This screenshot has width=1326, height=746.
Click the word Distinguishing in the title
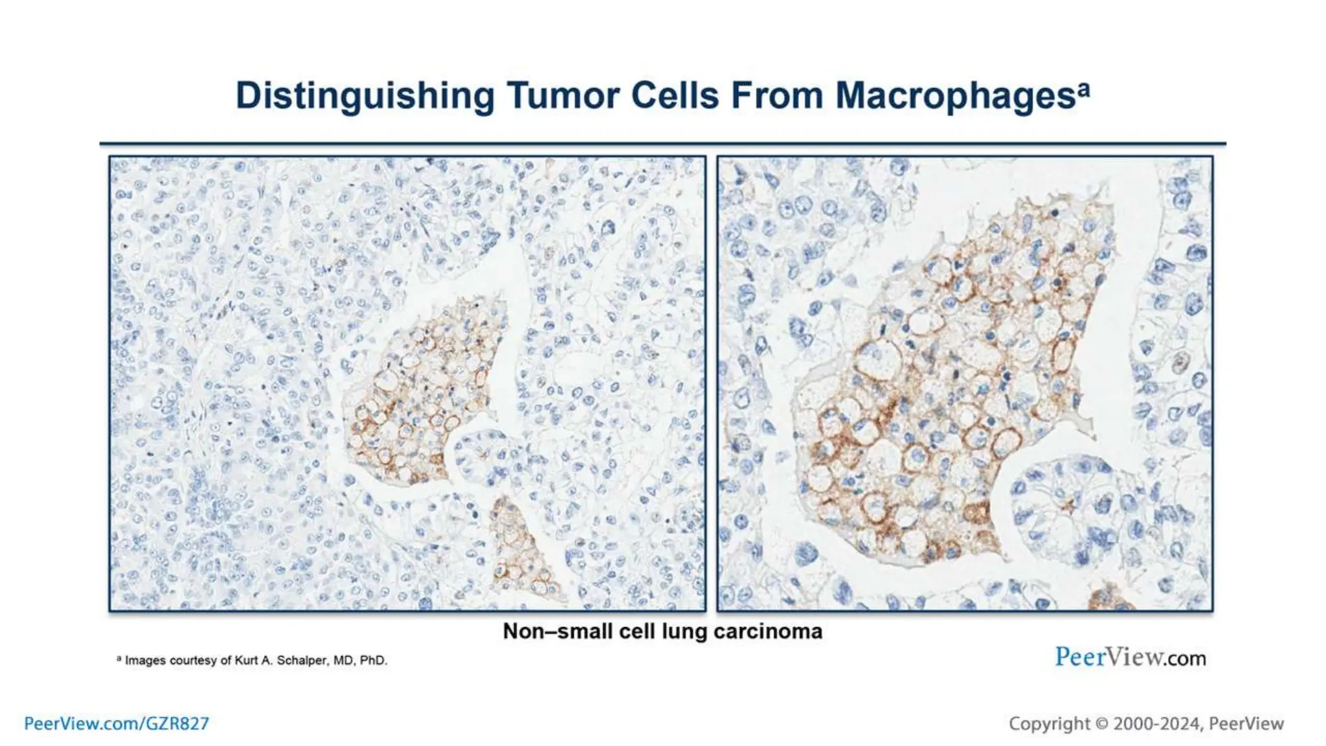tap(365, 96)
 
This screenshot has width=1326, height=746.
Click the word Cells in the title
tap(675, 96)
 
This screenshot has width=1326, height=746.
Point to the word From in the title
tap(776, 96)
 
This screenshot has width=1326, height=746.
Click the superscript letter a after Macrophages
tap(1084, 88)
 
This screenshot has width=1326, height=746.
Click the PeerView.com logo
tap(1130, 657)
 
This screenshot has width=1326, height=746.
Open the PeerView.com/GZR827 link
tap(117, 723)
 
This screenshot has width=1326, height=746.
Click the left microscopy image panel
tap(407, 383)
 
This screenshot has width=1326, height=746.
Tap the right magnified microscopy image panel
tap(965, 383)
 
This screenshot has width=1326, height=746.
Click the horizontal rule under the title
tap(662, 143)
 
